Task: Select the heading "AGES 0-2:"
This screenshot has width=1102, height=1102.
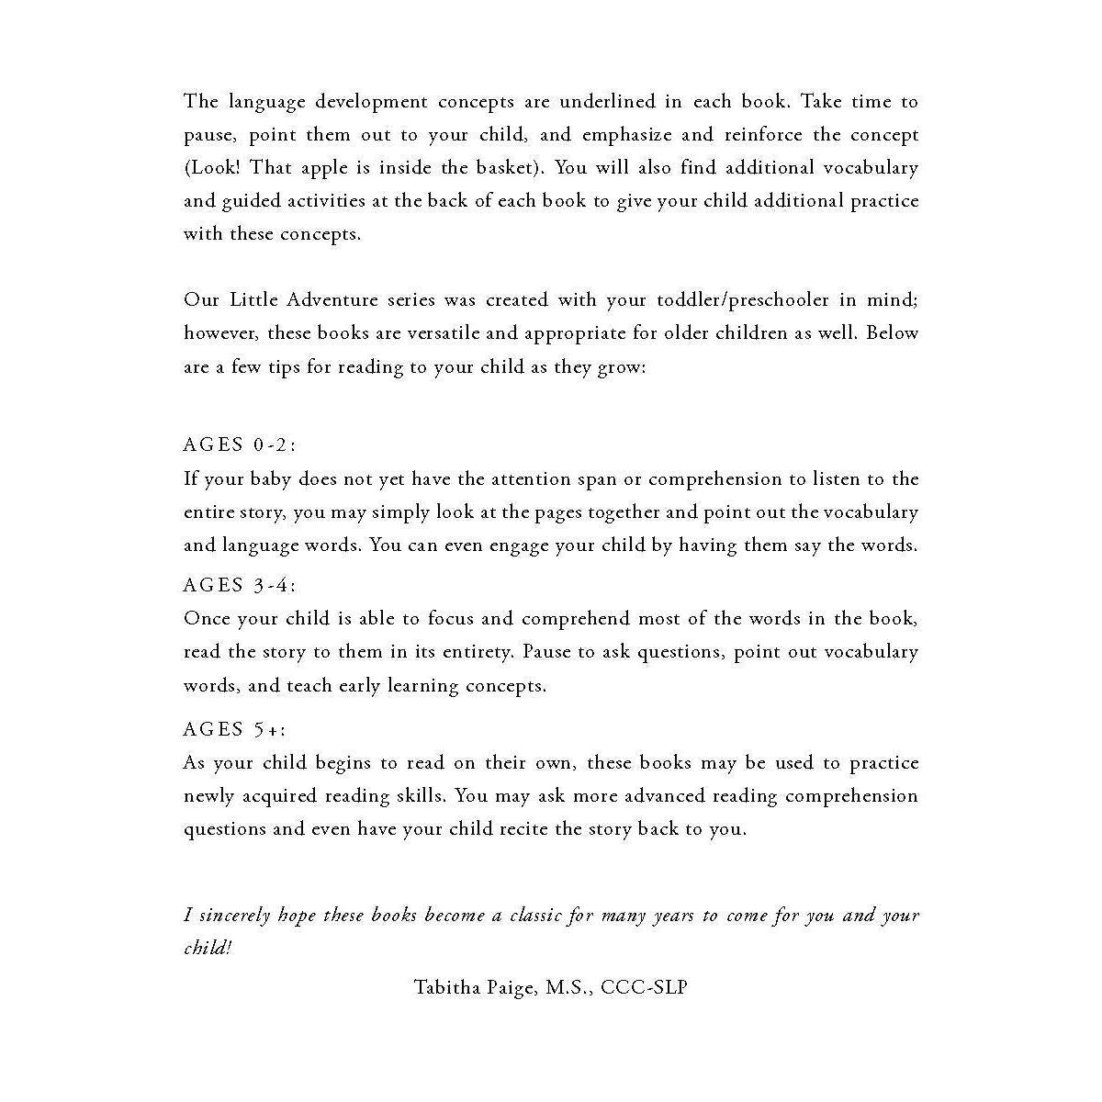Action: [x=240, y=445]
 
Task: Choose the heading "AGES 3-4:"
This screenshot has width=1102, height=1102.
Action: [x=240, y=586]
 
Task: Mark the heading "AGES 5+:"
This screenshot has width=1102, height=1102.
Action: [x=235, y=730]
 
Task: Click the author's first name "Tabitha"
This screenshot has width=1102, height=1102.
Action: [x=444, y=988]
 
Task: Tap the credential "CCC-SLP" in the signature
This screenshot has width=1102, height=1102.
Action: [x=644, y=988]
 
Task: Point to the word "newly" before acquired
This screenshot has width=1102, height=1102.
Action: [x=208, y=796]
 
